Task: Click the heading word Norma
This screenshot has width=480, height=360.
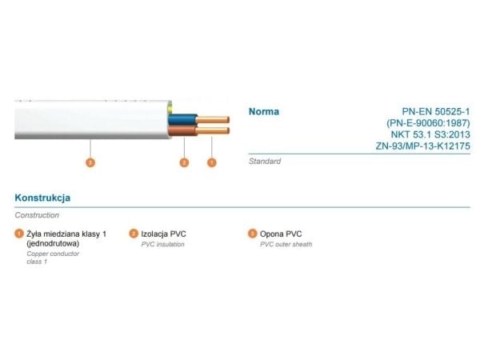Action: [263, 112]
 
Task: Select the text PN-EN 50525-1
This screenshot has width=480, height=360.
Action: [436, 111]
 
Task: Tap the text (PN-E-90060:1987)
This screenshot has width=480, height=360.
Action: [428, 123]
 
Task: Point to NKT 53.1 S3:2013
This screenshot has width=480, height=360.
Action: [430, 134]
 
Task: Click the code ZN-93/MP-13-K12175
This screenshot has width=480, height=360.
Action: [423, 146]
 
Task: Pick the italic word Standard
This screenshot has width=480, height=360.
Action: [265, 162]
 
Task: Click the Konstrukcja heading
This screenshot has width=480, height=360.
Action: [42, 198]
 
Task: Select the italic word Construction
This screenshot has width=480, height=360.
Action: [37, 215]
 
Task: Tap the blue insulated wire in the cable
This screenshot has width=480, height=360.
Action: [182, 119]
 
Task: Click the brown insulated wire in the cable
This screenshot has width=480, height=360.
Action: [182, 130]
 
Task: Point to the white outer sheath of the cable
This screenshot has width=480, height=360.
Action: [92, 120]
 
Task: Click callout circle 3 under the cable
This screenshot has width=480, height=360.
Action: [90, 162]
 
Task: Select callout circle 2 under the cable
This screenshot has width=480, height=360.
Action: [184, 162]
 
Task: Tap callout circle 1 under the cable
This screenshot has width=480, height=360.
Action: [211, 162]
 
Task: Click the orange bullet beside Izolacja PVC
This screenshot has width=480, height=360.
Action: [134, 234]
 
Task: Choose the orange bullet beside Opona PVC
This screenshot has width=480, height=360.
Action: [252, 234]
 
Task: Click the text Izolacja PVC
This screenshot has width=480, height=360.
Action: [163, 234]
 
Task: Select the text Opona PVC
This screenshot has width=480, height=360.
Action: [281, 234]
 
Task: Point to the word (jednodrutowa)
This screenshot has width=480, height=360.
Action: [53, 244]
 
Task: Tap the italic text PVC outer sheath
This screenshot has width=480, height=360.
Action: [286, 244]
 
